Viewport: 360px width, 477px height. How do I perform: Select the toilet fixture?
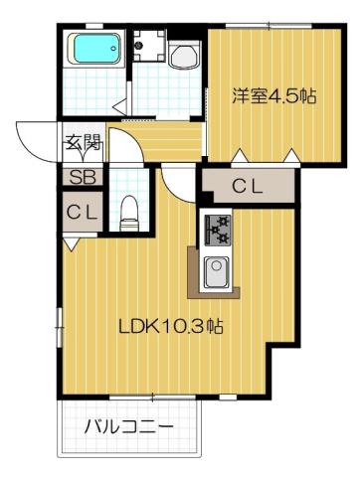point(126,208)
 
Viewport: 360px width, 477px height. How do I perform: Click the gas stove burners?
point(216,231)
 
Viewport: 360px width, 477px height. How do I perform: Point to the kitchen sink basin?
point(217,269)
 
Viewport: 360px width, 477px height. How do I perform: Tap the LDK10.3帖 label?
point(164,325)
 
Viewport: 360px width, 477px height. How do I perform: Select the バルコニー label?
point(127,427)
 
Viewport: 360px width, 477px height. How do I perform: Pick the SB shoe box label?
point(82,179)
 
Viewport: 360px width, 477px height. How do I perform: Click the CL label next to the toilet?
point(82,211)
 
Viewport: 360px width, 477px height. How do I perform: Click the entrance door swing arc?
point(35,139)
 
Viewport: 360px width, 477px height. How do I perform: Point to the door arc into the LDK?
point(177,180)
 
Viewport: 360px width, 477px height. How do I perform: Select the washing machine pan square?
point(151,46)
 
